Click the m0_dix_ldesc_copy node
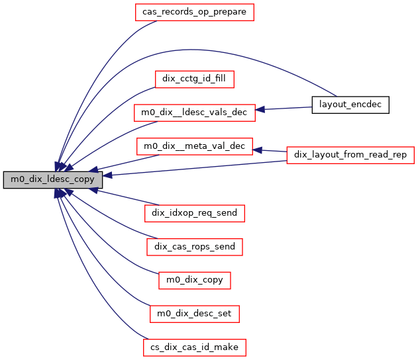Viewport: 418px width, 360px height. tap(52, 179)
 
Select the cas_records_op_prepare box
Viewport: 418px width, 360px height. tap(194, 12)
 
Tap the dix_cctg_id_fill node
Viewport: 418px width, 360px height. tap(194, 79)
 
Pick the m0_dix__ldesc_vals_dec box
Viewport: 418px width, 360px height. tap(194, 112)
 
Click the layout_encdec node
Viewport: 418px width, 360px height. tap(350, 105)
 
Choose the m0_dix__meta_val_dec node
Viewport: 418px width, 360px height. tap(194, 146)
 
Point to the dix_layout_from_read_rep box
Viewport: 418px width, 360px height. tap(350, 155)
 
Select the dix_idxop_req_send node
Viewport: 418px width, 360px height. tap(194, 213)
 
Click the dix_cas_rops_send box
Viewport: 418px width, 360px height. tap(194, 247)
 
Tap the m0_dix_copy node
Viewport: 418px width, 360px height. tap(194, 280)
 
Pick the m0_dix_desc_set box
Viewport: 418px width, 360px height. tap(194, 313)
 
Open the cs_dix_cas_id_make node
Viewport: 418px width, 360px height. tap(194, 346)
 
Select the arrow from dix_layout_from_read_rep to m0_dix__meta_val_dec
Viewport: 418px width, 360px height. tap(273, 152)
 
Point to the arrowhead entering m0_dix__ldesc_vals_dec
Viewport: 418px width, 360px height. tap(260, 109)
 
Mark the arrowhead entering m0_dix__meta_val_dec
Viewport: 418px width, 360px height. tap(258, 150)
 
